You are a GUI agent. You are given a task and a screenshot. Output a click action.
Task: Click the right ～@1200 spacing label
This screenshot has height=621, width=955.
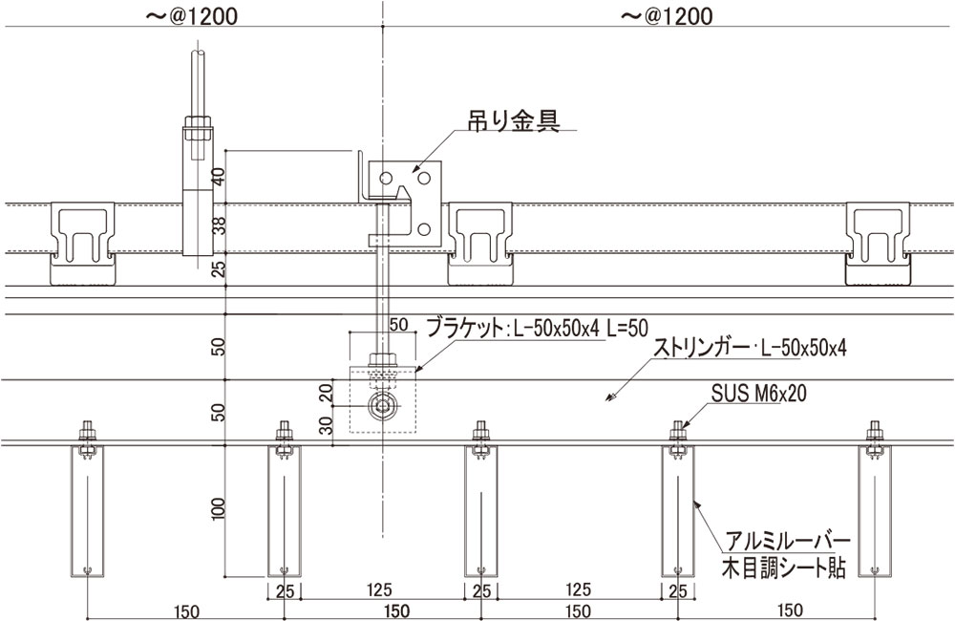pos(667,16)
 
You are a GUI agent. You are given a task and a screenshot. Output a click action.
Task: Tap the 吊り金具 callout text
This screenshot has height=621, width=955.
pos(512,119)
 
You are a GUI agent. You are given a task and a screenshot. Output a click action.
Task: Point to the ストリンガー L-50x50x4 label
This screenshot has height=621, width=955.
pos(749,348)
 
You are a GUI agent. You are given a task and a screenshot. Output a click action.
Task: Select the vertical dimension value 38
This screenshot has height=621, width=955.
pos(218,225)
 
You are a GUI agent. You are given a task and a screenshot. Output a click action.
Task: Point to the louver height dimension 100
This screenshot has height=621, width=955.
pos(218,509)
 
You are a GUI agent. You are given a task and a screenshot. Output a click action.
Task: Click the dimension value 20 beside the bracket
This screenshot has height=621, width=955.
pos(326,391)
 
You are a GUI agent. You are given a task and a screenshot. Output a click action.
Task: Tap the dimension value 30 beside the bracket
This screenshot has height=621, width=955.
pos(326,424)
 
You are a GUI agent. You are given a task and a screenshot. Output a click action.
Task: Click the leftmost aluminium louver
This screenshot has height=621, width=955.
pos(87,511)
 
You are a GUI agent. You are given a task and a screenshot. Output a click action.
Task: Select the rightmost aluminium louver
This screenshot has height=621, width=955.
pos(874,511)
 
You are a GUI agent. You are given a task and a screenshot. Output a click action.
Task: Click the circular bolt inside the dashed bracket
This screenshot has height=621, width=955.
pos(384,406)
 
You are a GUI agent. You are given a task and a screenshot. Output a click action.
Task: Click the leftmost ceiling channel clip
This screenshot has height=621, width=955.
pos(82,243)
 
